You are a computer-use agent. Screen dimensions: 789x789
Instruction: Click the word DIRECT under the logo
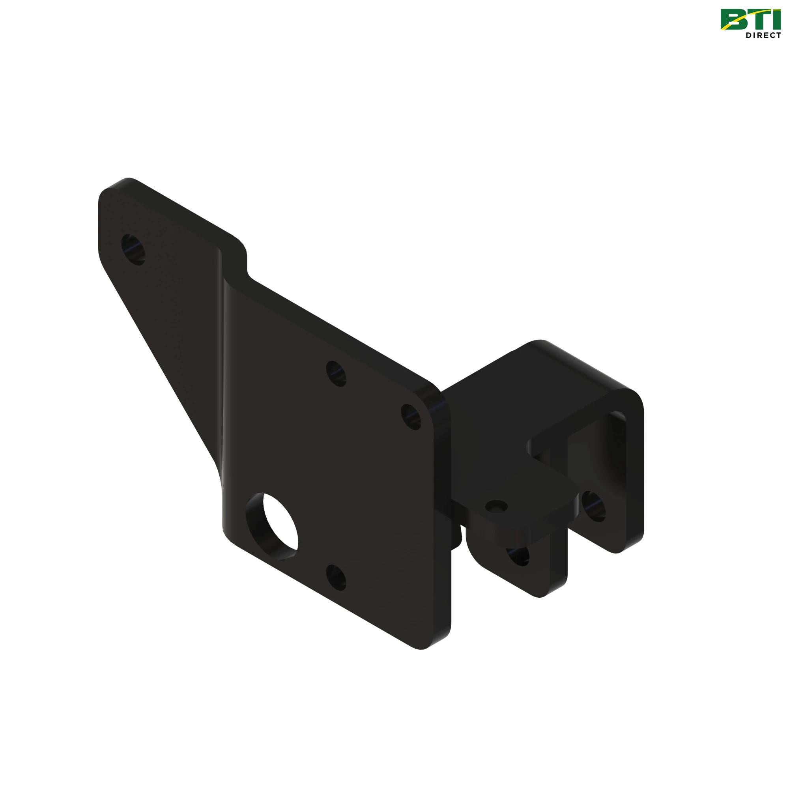(x=762, y=36)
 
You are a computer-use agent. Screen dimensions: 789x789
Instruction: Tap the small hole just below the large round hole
(x=336, y=577)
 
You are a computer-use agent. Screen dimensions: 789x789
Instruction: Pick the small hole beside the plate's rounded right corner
(x=410, y=417)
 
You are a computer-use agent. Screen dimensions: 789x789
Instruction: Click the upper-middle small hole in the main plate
(x=337, y=373)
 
